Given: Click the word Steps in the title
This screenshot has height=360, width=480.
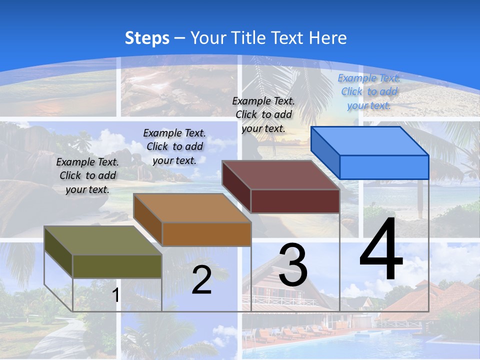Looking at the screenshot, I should point(147,38).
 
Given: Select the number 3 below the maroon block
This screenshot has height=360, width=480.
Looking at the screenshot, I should point(293,265).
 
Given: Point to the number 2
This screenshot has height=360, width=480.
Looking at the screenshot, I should point(201,280).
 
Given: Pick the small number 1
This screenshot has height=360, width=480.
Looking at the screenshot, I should point(115,295).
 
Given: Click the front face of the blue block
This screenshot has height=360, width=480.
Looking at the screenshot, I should point(384,167).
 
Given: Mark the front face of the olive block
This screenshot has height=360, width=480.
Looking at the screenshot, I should point(117,266).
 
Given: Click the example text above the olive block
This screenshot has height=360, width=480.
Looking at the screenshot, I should point(87,175).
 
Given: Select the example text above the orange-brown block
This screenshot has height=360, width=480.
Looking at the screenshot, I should point(174,146).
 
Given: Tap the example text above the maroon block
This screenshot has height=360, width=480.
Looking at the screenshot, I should point(263,114).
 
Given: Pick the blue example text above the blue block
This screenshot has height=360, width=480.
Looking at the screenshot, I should point(369,91).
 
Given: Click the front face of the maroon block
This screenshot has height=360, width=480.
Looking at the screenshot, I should point(295,201).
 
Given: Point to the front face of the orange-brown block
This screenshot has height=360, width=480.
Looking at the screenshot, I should point(206,234).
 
